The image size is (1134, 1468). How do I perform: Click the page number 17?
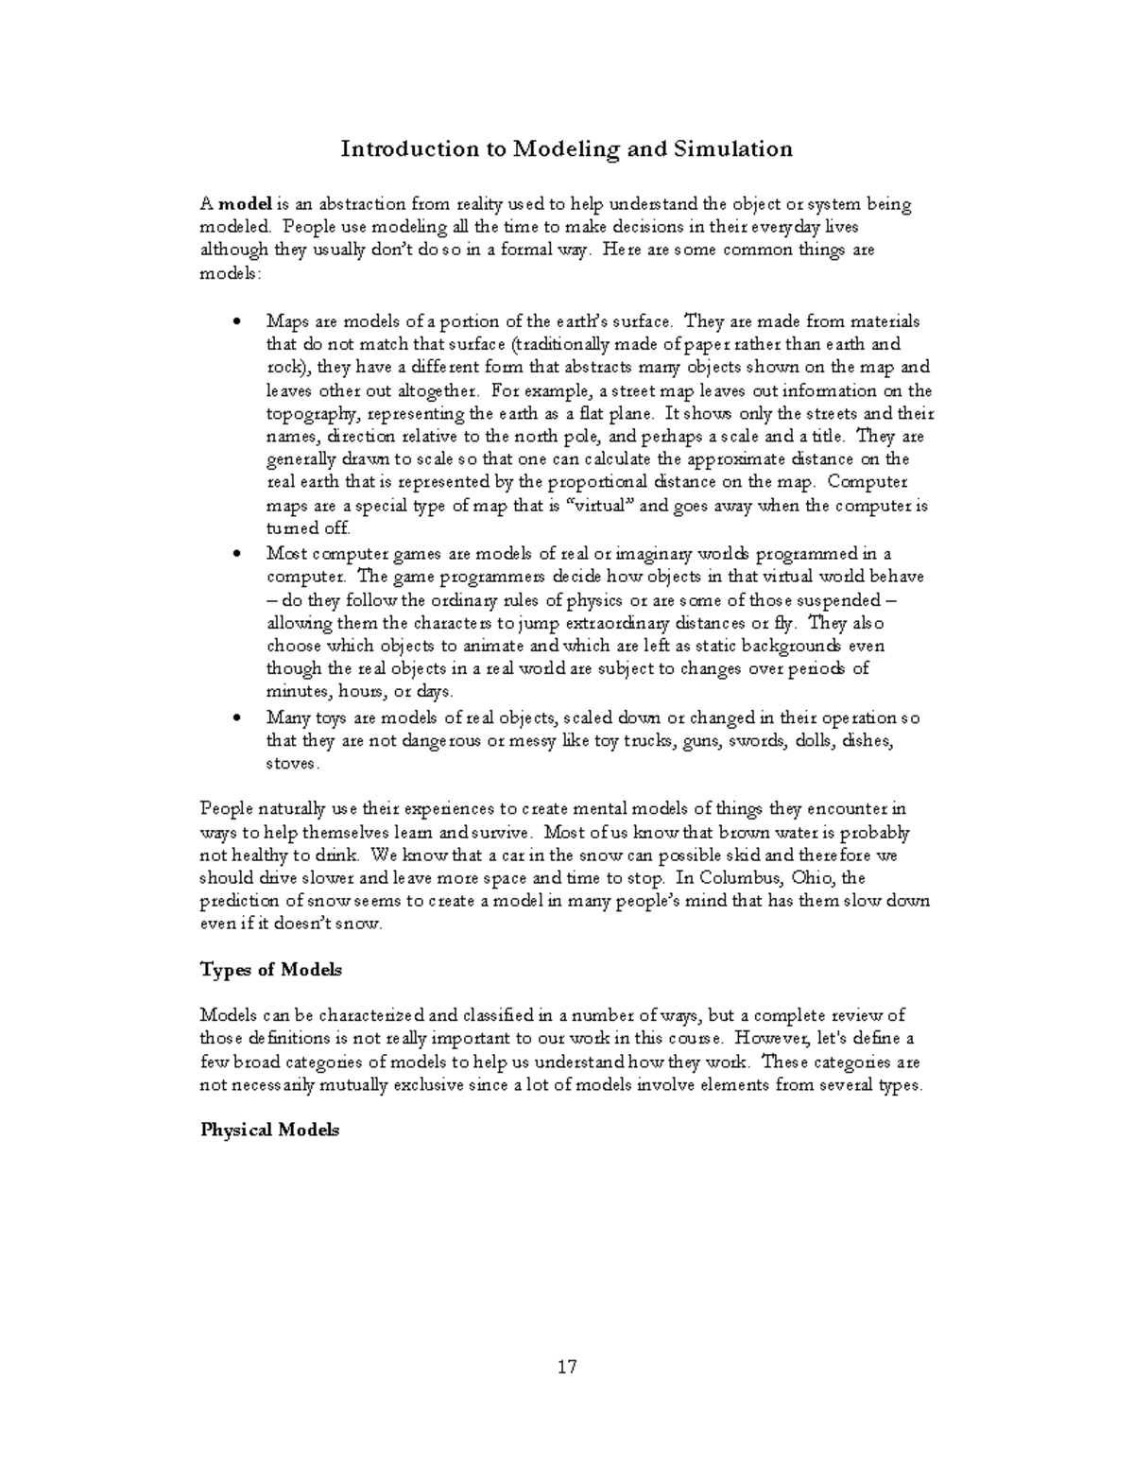coord(567,1366)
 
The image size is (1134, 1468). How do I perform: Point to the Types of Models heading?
coord(271,970)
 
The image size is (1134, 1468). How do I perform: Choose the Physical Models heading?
coord(269,1131)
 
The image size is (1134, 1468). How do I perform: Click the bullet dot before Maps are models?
coord(237,322)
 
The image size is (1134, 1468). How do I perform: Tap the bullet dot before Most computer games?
coord(237,554)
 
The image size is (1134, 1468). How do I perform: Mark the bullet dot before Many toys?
coord(237,718)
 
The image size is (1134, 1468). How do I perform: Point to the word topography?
coord(312,414)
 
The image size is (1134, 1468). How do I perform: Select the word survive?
coord(490,833)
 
